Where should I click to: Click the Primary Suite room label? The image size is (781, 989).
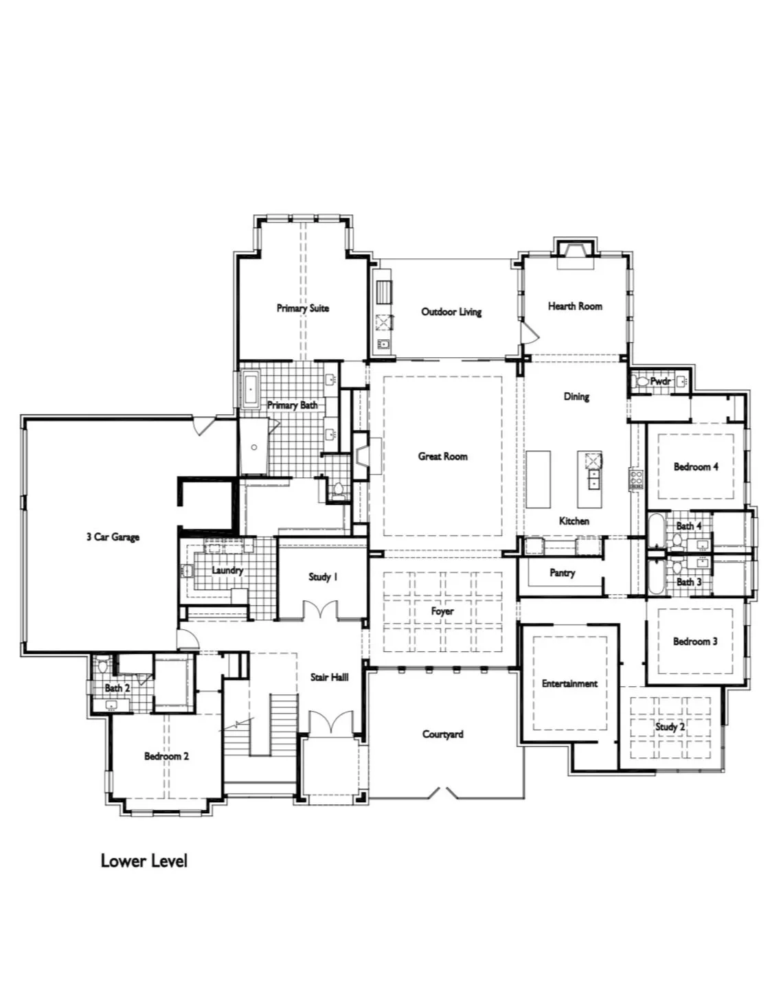pos(302,308)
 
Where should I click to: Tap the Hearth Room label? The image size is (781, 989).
pos(575,306)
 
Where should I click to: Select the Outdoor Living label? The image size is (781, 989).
pos(451,312)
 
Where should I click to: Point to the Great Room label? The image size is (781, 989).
pos(442,456)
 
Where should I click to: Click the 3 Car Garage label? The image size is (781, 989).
pos(113,537)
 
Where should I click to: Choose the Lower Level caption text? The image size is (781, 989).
pos(144,861)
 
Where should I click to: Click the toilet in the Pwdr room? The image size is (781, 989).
pos(642,381)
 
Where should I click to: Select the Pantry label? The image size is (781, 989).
pos(562,573)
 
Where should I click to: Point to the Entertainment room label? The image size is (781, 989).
pos(569,683)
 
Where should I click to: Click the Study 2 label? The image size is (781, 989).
pos(670,727)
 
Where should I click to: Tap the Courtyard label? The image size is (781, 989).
pos(442,734)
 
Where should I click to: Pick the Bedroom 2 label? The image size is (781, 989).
pos(166,756)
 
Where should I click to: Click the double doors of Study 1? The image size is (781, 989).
pos(320,610)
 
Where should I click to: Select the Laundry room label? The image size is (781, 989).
pos(227,570)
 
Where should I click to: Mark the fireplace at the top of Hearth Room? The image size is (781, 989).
pos(576,253)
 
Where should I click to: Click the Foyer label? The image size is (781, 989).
pos(442,611)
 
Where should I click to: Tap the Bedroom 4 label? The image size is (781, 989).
pos(696,467)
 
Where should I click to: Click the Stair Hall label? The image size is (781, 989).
pos(329,677)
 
